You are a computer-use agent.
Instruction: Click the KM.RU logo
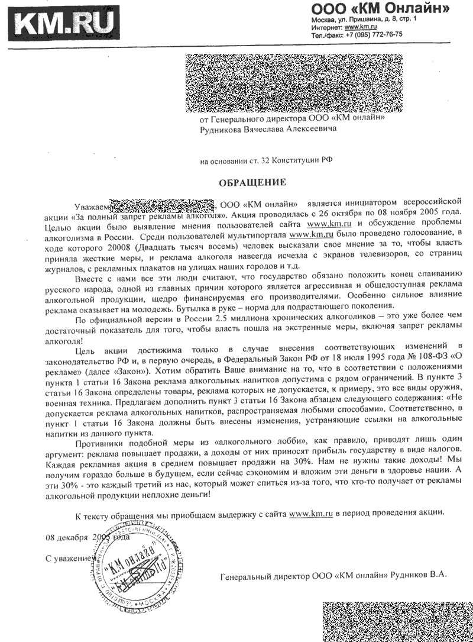tap(63, 25)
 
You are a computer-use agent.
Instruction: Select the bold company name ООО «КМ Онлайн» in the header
tap(380, 8)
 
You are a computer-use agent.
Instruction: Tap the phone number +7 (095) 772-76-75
tap(373, 34)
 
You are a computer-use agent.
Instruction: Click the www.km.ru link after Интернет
tap(361, 27)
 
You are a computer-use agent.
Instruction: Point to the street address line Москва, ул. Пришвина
tap(364, 20)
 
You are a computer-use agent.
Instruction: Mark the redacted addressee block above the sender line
tap(293, 83)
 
